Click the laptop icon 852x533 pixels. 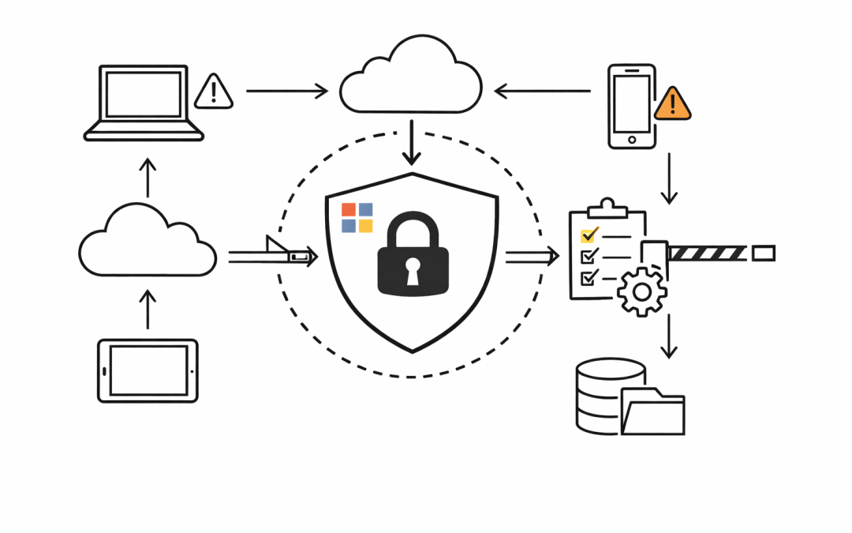144,103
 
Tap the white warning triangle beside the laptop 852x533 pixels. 213,92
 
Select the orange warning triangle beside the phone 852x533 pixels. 672,103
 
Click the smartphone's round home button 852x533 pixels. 631,140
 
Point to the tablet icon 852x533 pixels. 148,370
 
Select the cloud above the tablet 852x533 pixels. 148,241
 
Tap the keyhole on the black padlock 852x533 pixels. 413,272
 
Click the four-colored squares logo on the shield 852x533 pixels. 357,218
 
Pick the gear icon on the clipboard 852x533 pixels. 642,291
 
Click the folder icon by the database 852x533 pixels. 652,411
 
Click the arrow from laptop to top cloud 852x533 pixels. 286,91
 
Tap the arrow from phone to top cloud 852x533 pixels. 542,91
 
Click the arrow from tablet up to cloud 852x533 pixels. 148,308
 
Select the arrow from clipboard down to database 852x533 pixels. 669,336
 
